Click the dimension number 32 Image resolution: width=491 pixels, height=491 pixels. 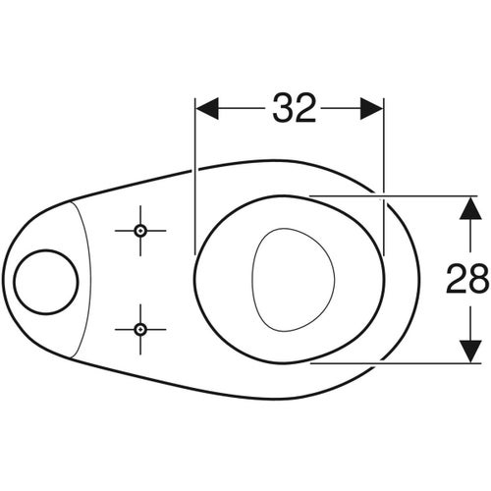coord(295,108)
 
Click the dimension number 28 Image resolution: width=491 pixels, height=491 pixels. coord(467,278)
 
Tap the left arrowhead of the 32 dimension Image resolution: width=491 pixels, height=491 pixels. coord(207,108)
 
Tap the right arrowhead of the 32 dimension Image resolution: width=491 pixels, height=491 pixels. coord(371,108)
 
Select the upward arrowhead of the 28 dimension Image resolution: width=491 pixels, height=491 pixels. coord(470,208)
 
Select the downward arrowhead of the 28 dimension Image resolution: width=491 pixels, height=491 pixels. coord(470,352)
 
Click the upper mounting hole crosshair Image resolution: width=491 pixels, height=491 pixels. coord(140,231)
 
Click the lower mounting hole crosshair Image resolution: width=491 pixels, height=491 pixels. coord(140,329)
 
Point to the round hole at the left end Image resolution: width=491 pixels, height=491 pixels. coord(46,282)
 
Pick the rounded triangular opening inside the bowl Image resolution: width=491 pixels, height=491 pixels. coord(293,279)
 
